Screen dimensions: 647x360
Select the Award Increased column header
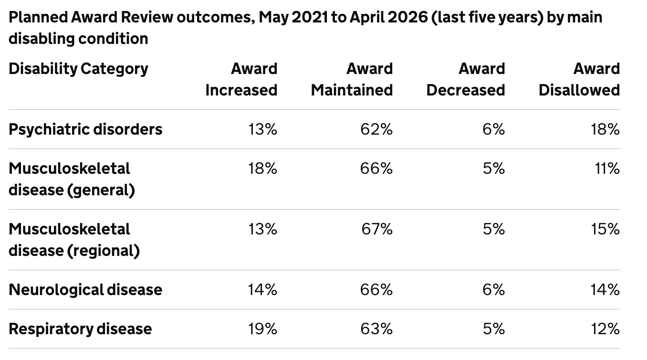[241, 79]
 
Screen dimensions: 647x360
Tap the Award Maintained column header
[352, 79]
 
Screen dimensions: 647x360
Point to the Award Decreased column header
[466, 79]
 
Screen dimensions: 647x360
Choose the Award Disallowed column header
[579, 79]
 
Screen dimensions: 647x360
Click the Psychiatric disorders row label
[85, 129]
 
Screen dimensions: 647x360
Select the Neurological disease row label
[85, 289]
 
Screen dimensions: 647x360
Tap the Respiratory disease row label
[80, 329]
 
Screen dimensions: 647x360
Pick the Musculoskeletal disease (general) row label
[72, 179]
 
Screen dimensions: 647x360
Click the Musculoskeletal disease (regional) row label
[74, 240]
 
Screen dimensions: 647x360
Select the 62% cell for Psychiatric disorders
[376, 129]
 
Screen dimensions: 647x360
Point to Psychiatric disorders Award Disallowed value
[605, 129]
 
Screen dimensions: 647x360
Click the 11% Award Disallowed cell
[607, 169]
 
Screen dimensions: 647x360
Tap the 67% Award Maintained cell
[377, 229]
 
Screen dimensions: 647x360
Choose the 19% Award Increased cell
[262, 329]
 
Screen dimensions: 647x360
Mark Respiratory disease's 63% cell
[376, 329]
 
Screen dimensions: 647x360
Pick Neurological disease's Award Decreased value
[494, 289]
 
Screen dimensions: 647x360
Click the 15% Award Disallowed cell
[605, 229]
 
